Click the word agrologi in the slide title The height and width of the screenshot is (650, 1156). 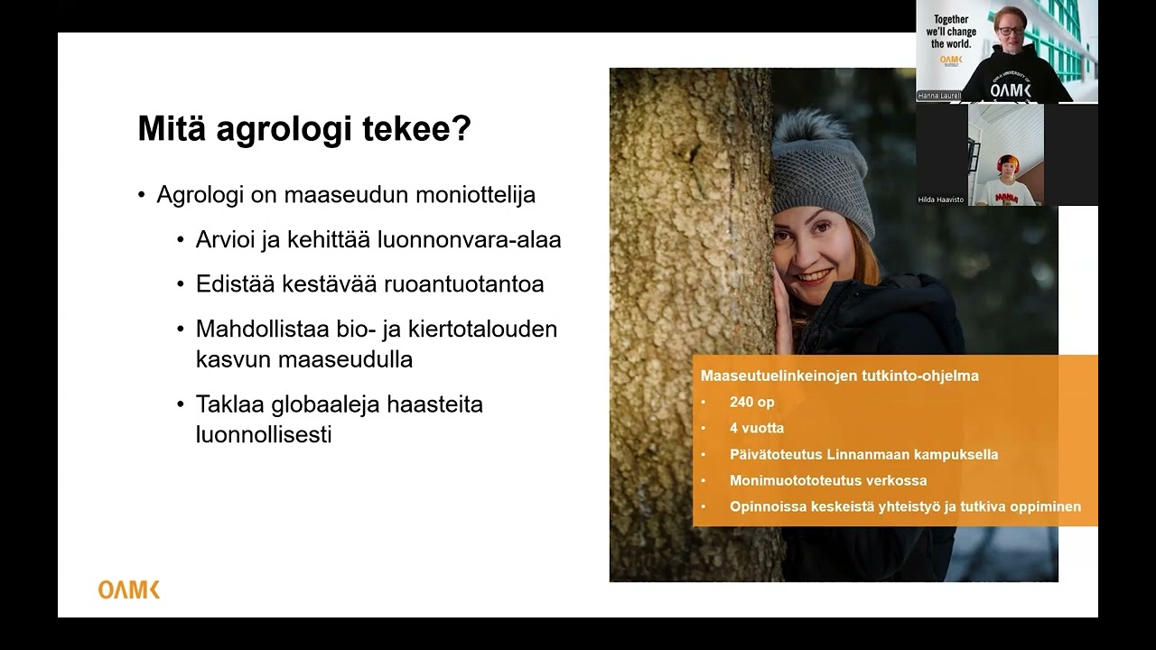(x=284, y=129)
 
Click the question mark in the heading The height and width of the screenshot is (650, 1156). (x=461, y=129)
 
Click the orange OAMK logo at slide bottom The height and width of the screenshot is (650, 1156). (x=129, y=590)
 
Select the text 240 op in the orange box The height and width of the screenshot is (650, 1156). (x=751, y=402)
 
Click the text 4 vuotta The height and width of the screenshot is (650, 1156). (x=756, y=428)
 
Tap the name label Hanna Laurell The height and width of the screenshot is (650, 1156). (x=939, y=95)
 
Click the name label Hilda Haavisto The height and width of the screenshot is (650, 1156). (x=940, y=200)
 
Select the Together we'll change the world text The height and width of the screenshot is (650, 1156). (x=950, y=32)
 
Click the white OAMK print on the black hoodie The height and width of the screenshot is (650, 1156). (x=1010, y=90)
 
